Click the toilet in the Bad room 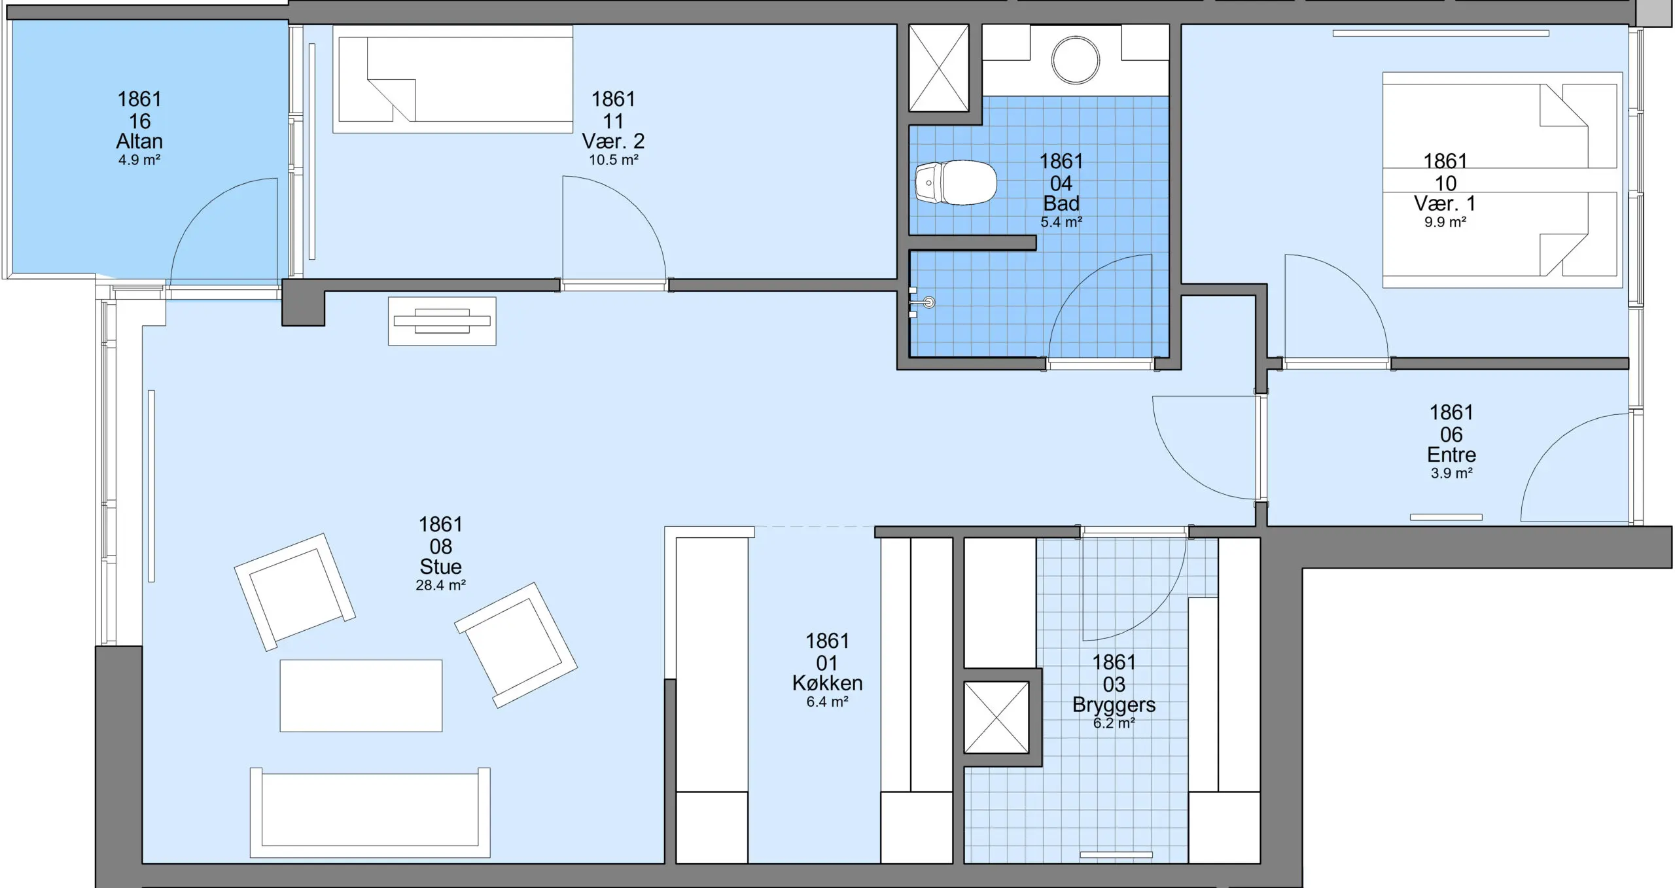click(955, 183)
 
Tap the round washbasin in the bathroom click(1075, 60)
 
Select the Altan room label click(139, 141)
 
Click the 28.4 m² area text click(440, 585)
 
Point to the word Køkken click(827, 683)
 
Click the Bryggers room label click(1114, 705)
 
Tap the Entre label click(1451, 455)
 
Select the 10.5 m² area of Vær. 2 click(613, 160)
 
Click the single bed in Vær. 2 click(453, 79)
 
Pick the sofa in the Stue click(370, 812)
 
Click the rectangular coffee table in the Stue click(361, 696)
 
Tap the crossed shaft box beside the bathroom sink click(938, 68)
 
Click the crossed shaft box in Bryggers click(996, 717)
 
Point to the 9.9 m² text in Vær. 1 click(1445, 222)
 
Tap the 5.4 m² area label click(1061, 222)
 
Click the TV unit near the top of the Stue click(442, 321)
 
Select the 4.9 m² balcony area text click(139, 160)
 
